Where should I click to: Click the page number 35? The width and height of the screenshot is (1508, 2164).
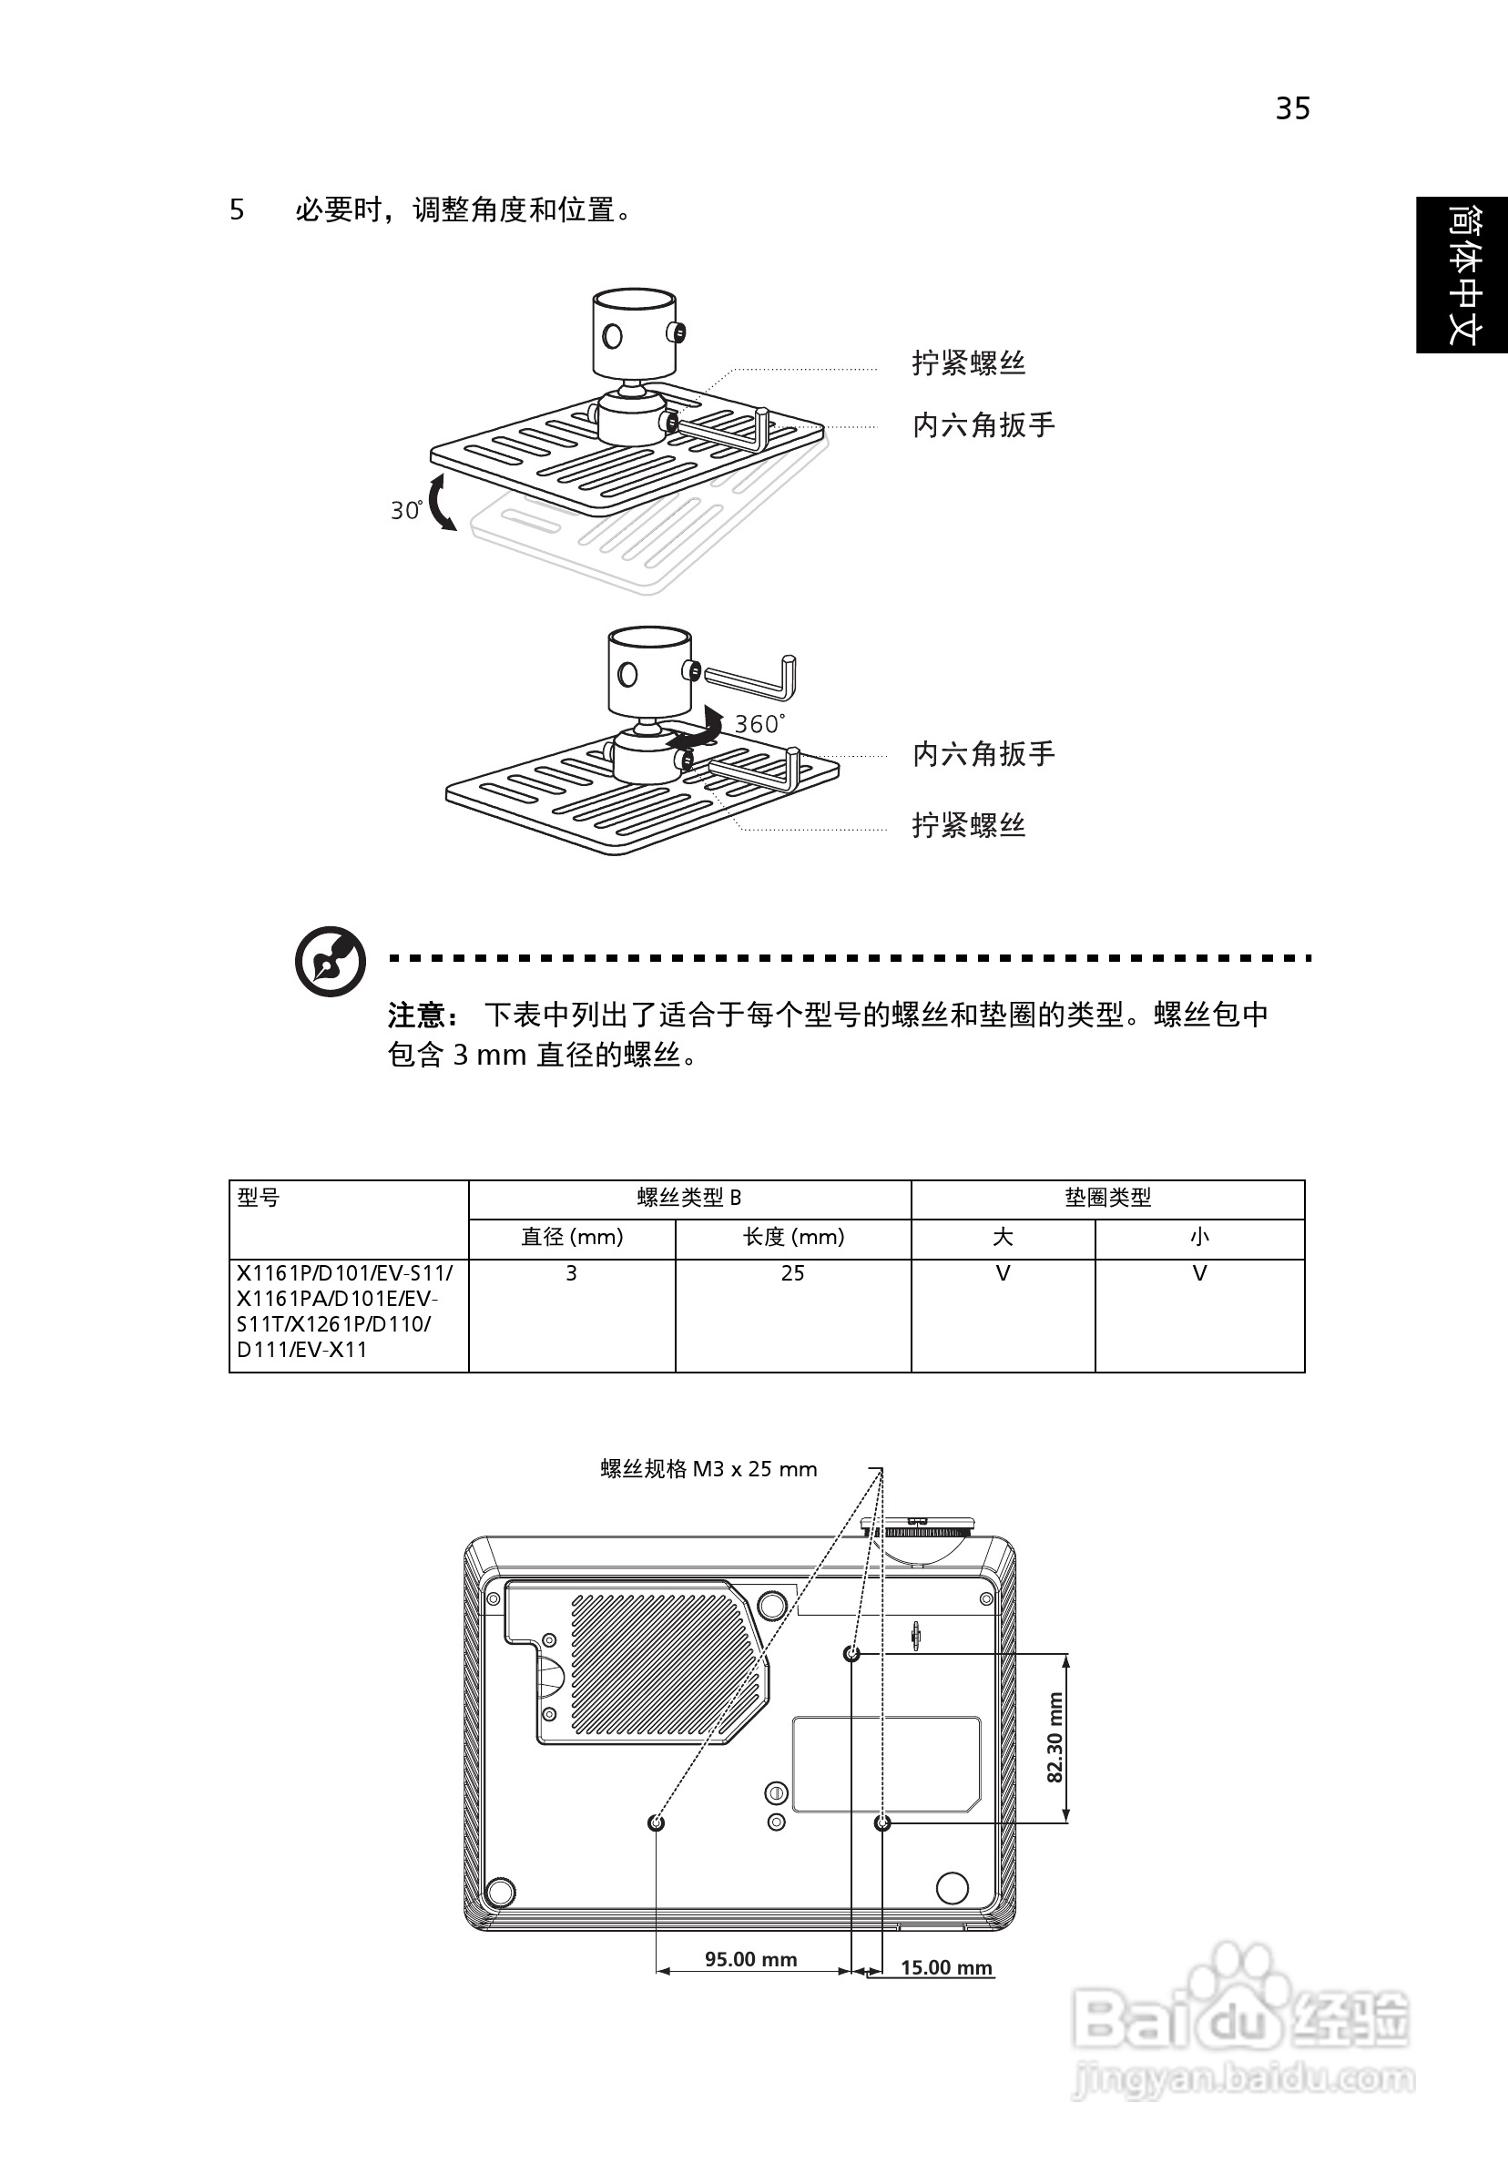[1292, 108]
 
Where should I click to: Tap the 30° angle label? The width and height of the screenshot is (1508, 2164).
[406, 510]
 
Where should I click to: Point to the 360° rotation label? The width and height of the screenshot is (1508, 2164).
[759, 724]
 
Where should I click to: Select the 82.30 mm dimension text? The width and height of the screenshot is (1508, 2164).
[1055, 1737]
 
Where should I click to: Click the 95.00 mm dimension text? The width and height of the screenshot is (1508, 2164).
[751, 1959]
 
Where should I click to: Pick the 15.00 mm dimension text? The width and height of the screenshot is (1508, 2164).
[946, 1967]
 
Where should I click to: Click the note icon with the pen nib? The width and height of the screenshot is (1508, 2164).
[330, 962]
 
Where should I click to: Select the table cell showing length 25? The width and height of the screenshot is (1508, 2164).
[792, 1273]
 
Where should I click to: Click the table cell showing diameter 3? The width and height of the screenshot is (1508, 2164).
[571, 1273]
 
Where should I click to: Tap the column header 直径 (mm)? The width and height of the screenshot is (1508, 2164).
[572, 1237]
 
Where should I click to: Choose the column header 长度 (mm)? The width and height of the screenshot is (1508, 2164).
[792, 1237]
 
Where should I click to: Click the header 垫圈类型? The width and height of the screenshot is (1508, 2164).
[1107, 1198]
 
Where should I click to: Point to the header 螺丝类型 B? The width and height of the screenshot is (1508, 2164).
[689, 1198]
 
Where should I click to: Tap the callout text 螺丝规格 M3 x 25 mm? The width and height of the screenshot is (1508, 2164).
[708, 1469]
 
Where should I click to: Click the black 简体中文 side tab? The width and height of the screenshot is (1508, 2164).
[1462, 275]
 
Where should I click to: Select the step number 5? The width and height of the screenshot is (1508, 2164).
[237, 209]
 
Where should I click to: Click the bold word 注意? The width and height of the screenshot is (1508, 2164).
[416, 1016]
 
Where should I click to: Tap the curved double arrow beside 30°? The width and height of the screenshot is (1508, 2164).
[441, 504]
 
